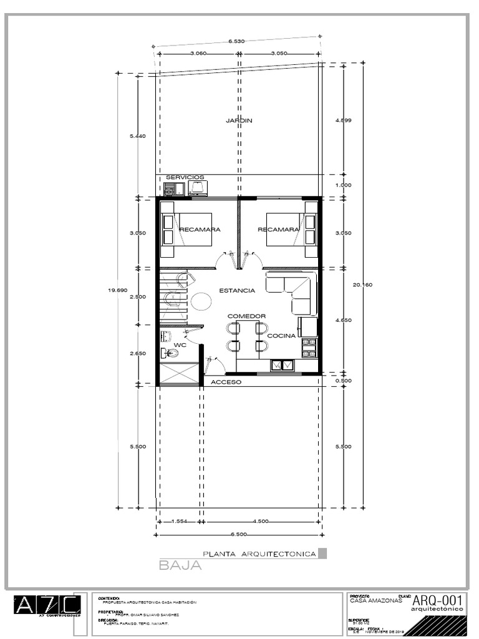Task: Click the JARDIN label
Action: click(x=239, y=120)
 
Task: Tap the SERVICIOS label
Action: click(x=180, y=177)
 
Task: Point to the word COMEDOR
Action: click(x=246, y=316)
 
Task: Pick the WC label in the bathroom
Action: click(x=180, y=344)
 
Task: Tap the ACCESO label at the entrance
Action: click(x=226, y=382)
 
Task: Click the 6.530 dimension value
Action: click(x=236, y=41)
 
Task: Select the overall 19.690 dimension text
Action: click(x=117, y=290)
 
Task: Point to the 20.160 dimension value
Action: click(x=362, y=285)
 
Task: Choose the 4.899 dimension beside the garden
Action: click(x=344, y=120)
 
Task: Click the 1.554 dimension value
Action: click(x=179, y=522)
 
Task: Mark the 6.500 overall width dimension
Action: click(x=238, y=534)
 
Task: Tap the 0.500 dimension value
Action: click(x=344, y=381)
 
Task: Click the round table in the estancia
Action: click(x=201, y=301)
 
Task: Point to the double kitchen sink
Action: click(x=281, y=366)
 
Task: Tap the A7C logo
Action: click(x=47, y=605)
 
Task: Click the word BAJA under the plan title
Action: click(x=180, y=566)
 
